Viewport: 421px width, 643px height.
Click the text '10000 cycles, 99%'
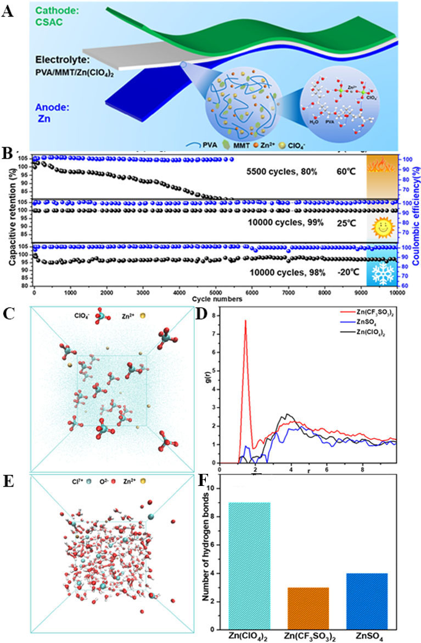tap(286, 223)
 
